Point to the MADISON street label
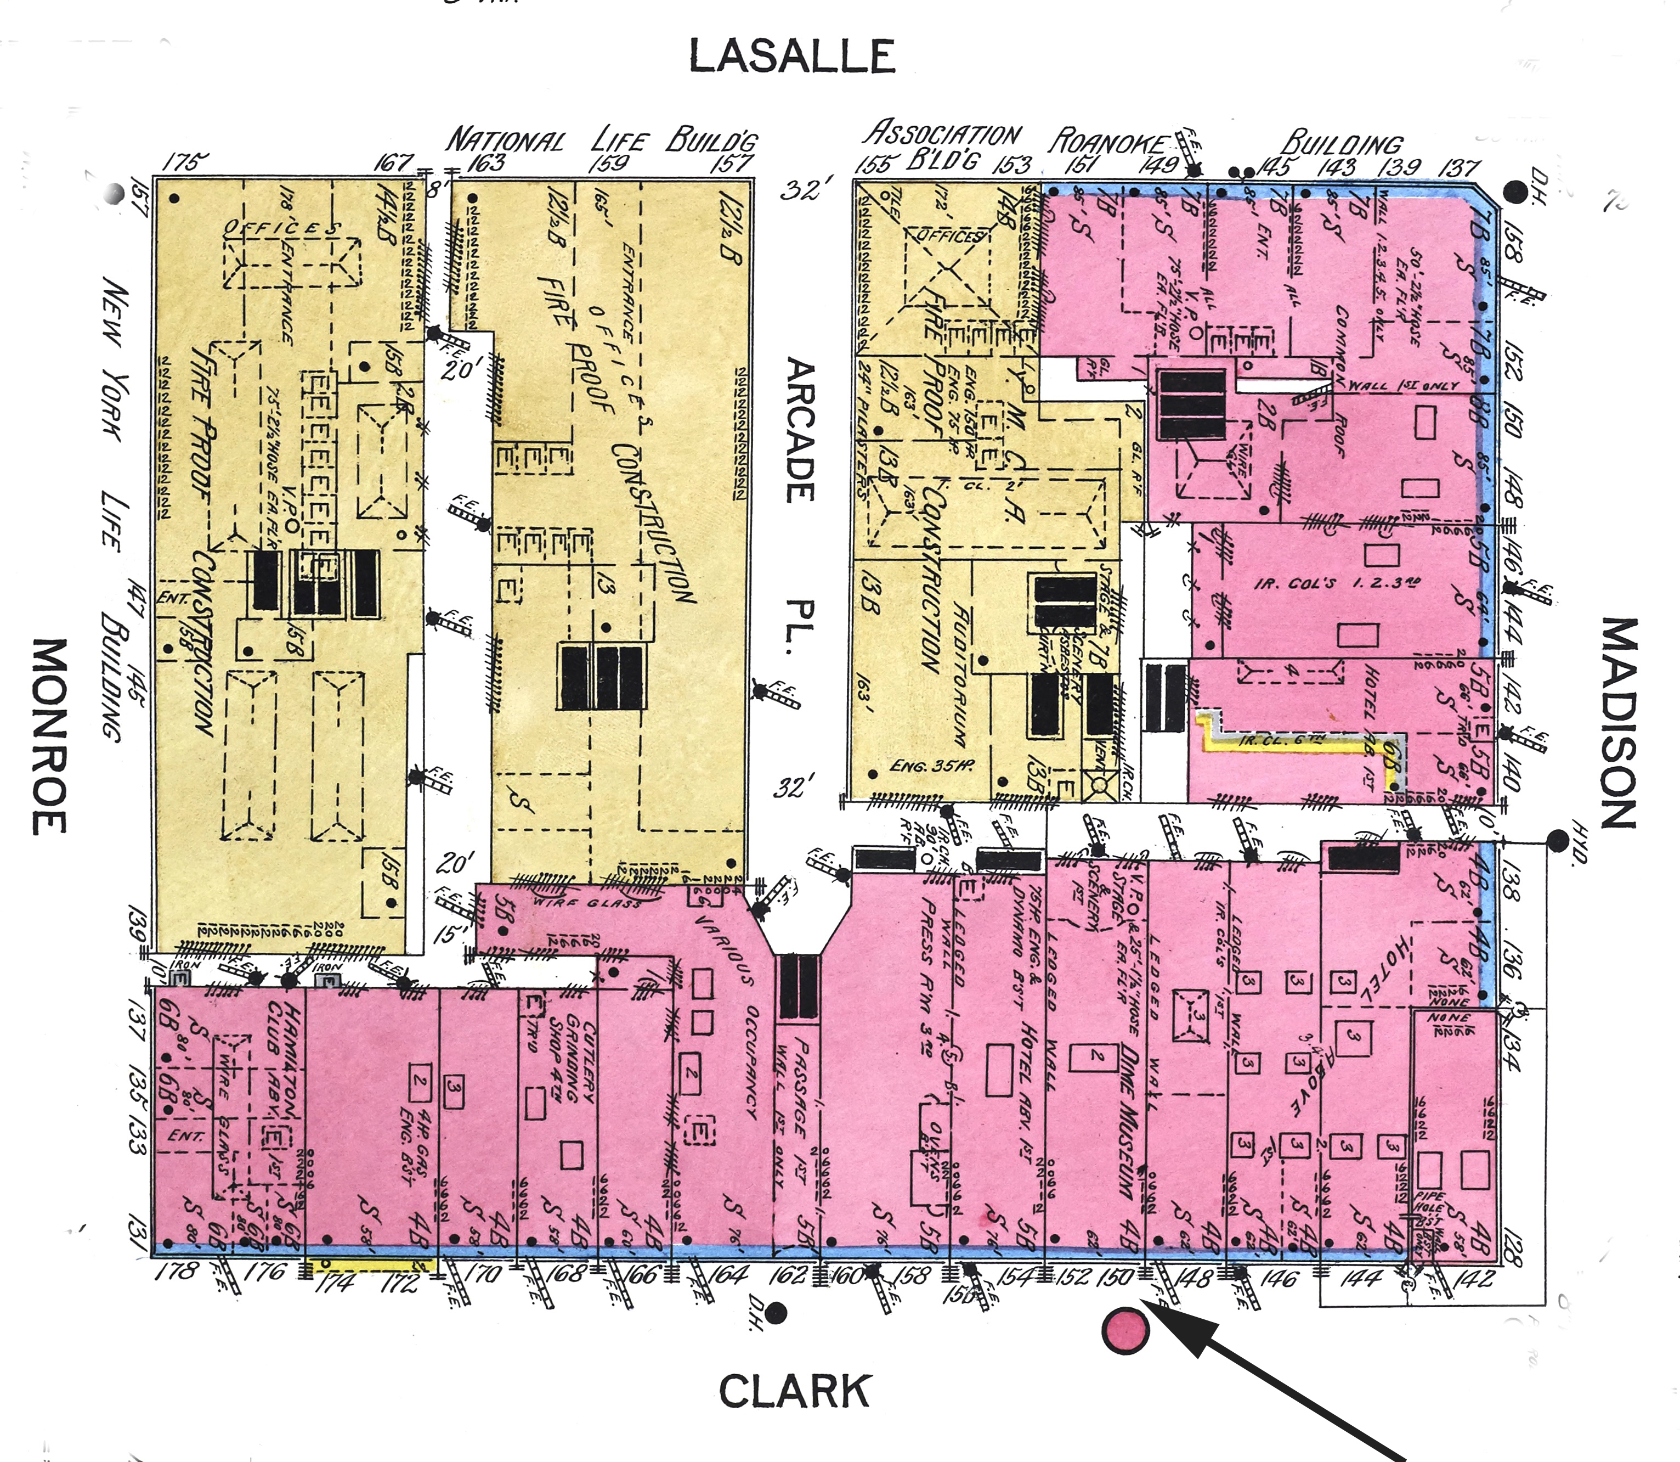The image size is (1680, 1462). pyautogui.click(x=1618, y=722)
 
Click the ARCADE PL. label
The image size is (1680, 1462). pyautogui.click(x=799, y=506)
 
